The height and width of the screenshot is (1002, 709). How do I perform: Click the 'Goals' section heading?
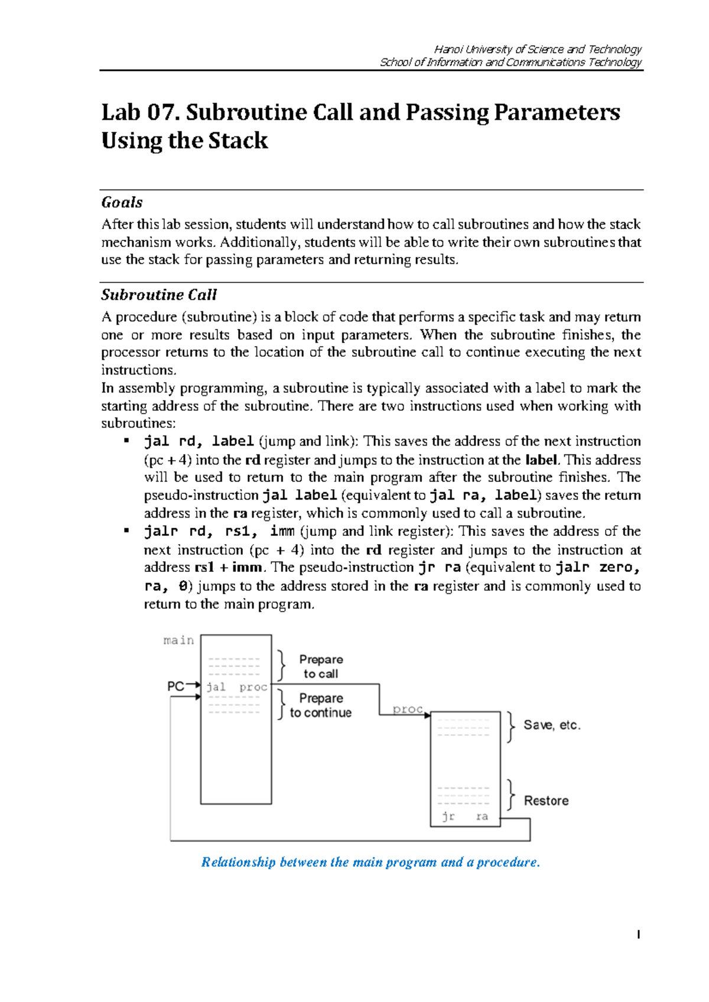pyautogui.click(x=122, y=203)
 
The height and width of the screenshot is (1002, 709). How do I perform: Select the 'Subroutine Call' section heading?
pyautogui.click(x=159, y=295)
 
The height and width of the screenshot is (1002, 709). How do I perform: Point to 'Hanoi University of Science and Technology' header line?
pyautogui.click(x=538, y=49)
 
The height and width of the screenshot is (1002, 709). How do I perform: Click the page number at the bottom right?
pyautogui.click(x=639, y=935)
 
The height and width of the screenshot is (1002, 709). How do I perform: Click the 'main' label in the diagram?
pyautogui.click(x=178, y=640)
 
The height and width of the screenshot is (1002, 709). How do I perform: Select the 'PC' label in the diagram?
pyautogui.click(x=175, y=687)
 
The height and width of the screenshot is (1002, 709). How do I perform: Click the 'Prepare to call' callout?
pyautogui.click(x=321, y=666)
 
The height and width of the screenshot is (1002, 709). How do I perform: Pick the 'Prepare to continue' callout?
pyautogui.click(x=321, y=705)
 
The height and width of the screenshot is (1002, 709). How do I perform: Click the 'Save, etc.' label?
pyautogui.click(x=552, y=726)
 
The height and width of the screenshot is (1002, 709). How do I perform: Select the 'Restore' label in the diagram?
pyautogui.click(x=546, y=801)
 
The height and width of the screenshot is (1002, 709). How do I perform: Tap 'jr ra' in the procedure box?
pyautogui.click(x=465, y=816)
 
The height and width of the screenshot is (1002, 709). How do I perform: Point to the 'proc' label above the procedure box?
pyautogui.click(x=408, y=709)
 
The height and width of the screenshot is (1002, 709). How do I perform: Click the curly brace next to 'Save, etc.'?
pyautogui.click(x=510, y=727)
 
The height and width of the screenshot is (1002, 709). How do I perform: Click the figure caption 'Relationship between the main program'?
pyautogui.click(x=370, y=862)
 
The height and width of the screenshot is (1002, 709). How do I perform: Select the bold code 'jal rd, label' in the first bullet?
pyautogui.click(x=199, y=441)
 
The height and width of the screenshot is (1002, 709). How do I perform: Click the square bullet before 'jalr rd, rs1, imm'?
pyautogui.click(x=126, y=531)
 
